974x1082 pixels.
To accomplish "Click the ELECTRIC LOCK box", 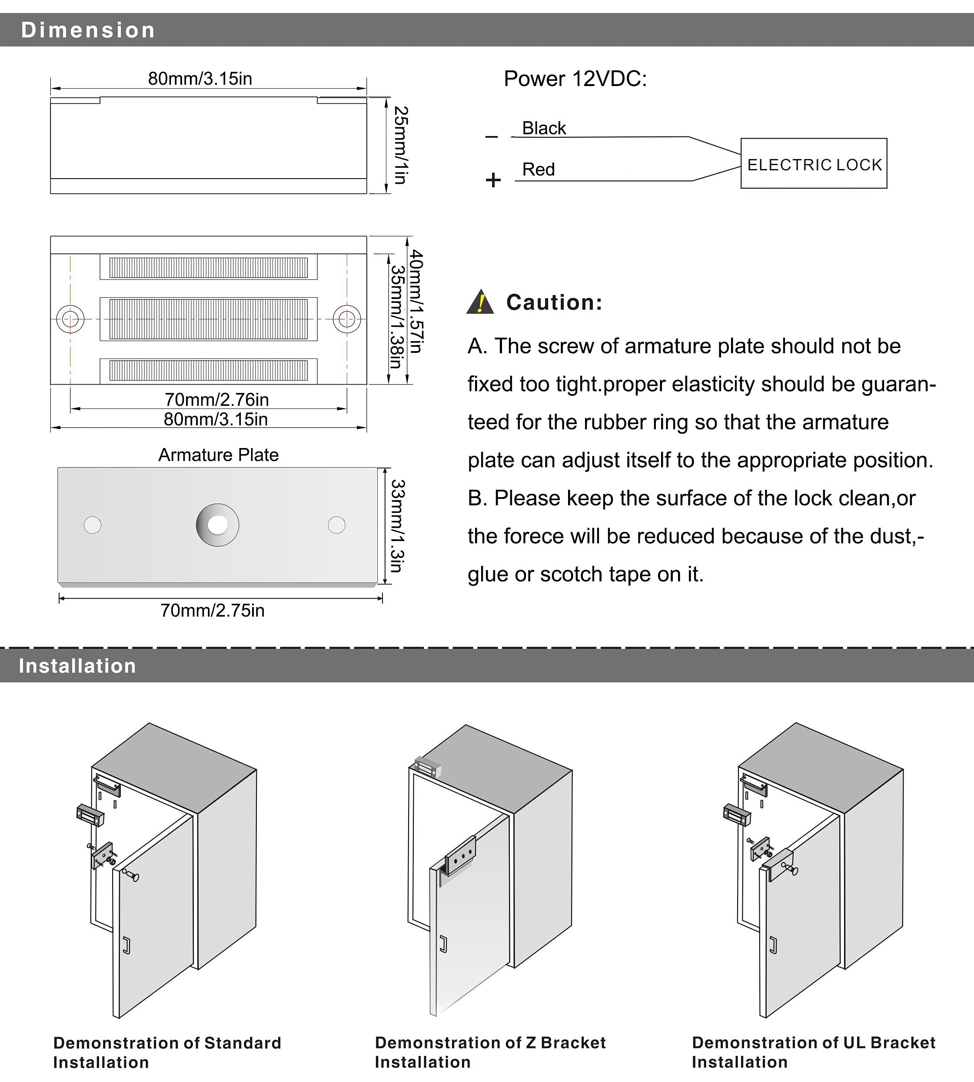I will (x=814, y=163).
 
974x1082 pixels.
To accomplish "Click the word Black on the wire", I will (x=544, y=129).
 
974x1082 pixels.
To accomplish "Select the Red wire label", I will (x=539, y=169).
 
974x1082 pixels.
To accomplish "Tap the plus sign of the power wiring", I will (x=493, y=180).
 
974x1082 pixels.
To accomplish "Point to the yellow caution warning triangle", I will (x=480, y=302).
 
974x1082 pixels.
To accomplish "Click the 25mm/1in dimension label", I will (x=401, y=145).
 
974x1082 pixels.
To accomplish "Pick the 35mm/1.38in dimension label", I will (x=396, y=317).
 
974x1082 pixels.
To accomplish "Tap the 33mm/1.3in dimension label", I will (x=397, y=525).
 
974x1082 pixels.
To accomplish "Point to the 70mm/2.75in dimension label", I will (x=213, y=611).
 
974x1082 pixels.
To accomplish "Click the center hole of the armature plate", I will (x=217, y=525).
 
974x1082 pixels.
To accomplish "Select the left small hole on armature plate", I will (x=93, y=525).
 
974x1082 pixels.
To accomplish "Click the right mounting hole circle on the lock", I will (x=347, y=319).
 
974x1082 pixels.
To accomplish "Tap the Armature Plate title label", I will (x=218, y=455).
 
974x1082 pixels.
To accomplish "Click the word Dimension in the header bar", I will (x=88, y=30).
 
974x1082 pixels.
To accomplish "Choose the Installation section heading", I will (x=78, y=666).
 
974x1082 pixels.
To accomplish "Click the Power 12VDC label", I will (x=575, y=79).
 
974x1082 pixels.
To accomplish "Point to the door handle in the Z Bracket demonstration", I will (x=443, y=945).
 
